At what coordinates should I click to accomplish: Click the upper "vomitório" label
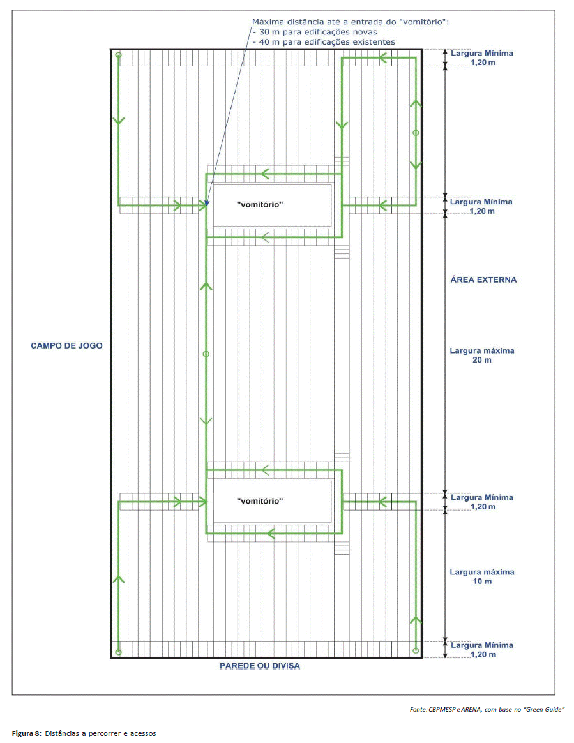pos(260,205)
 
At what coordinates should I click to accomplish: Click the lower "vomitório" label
pos(260,501)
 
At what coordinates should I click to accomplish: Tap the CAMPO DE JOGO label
pos(66,346)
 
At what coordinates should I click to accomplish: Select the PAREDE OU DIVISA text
pos(260,666)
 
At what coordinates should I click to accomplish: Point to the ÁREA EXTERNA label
pos(483,280)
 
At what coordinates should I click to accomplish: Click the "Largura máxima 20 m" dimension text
pos(482,356)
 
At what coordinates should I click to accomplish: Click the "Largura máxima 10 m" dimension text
pos(482,576)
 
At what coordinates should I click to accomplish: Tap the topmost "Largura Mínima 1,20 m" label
pos(482,58)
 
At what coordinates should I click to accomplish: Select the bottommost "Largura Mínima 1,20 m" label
pos(482,650)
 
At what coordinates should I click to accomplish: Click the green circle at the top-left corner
pos(119,55)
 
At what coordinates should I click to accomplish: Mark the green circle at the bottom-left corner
pos(119,652)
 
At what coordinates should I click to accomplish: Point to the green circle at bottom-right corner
pos(416,650)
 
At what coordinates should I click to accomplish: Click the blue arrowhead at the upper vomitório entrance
pos(207,203)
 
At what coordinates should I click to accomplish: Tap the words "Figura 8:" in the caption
pos(27,733)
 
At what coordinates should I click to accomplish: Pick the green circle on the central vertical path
pos(206,354)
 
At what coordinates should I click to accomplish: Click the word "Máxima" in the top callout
pos(268,22)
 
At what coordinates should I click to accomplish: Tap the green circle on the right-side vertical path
pos(416,133)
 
